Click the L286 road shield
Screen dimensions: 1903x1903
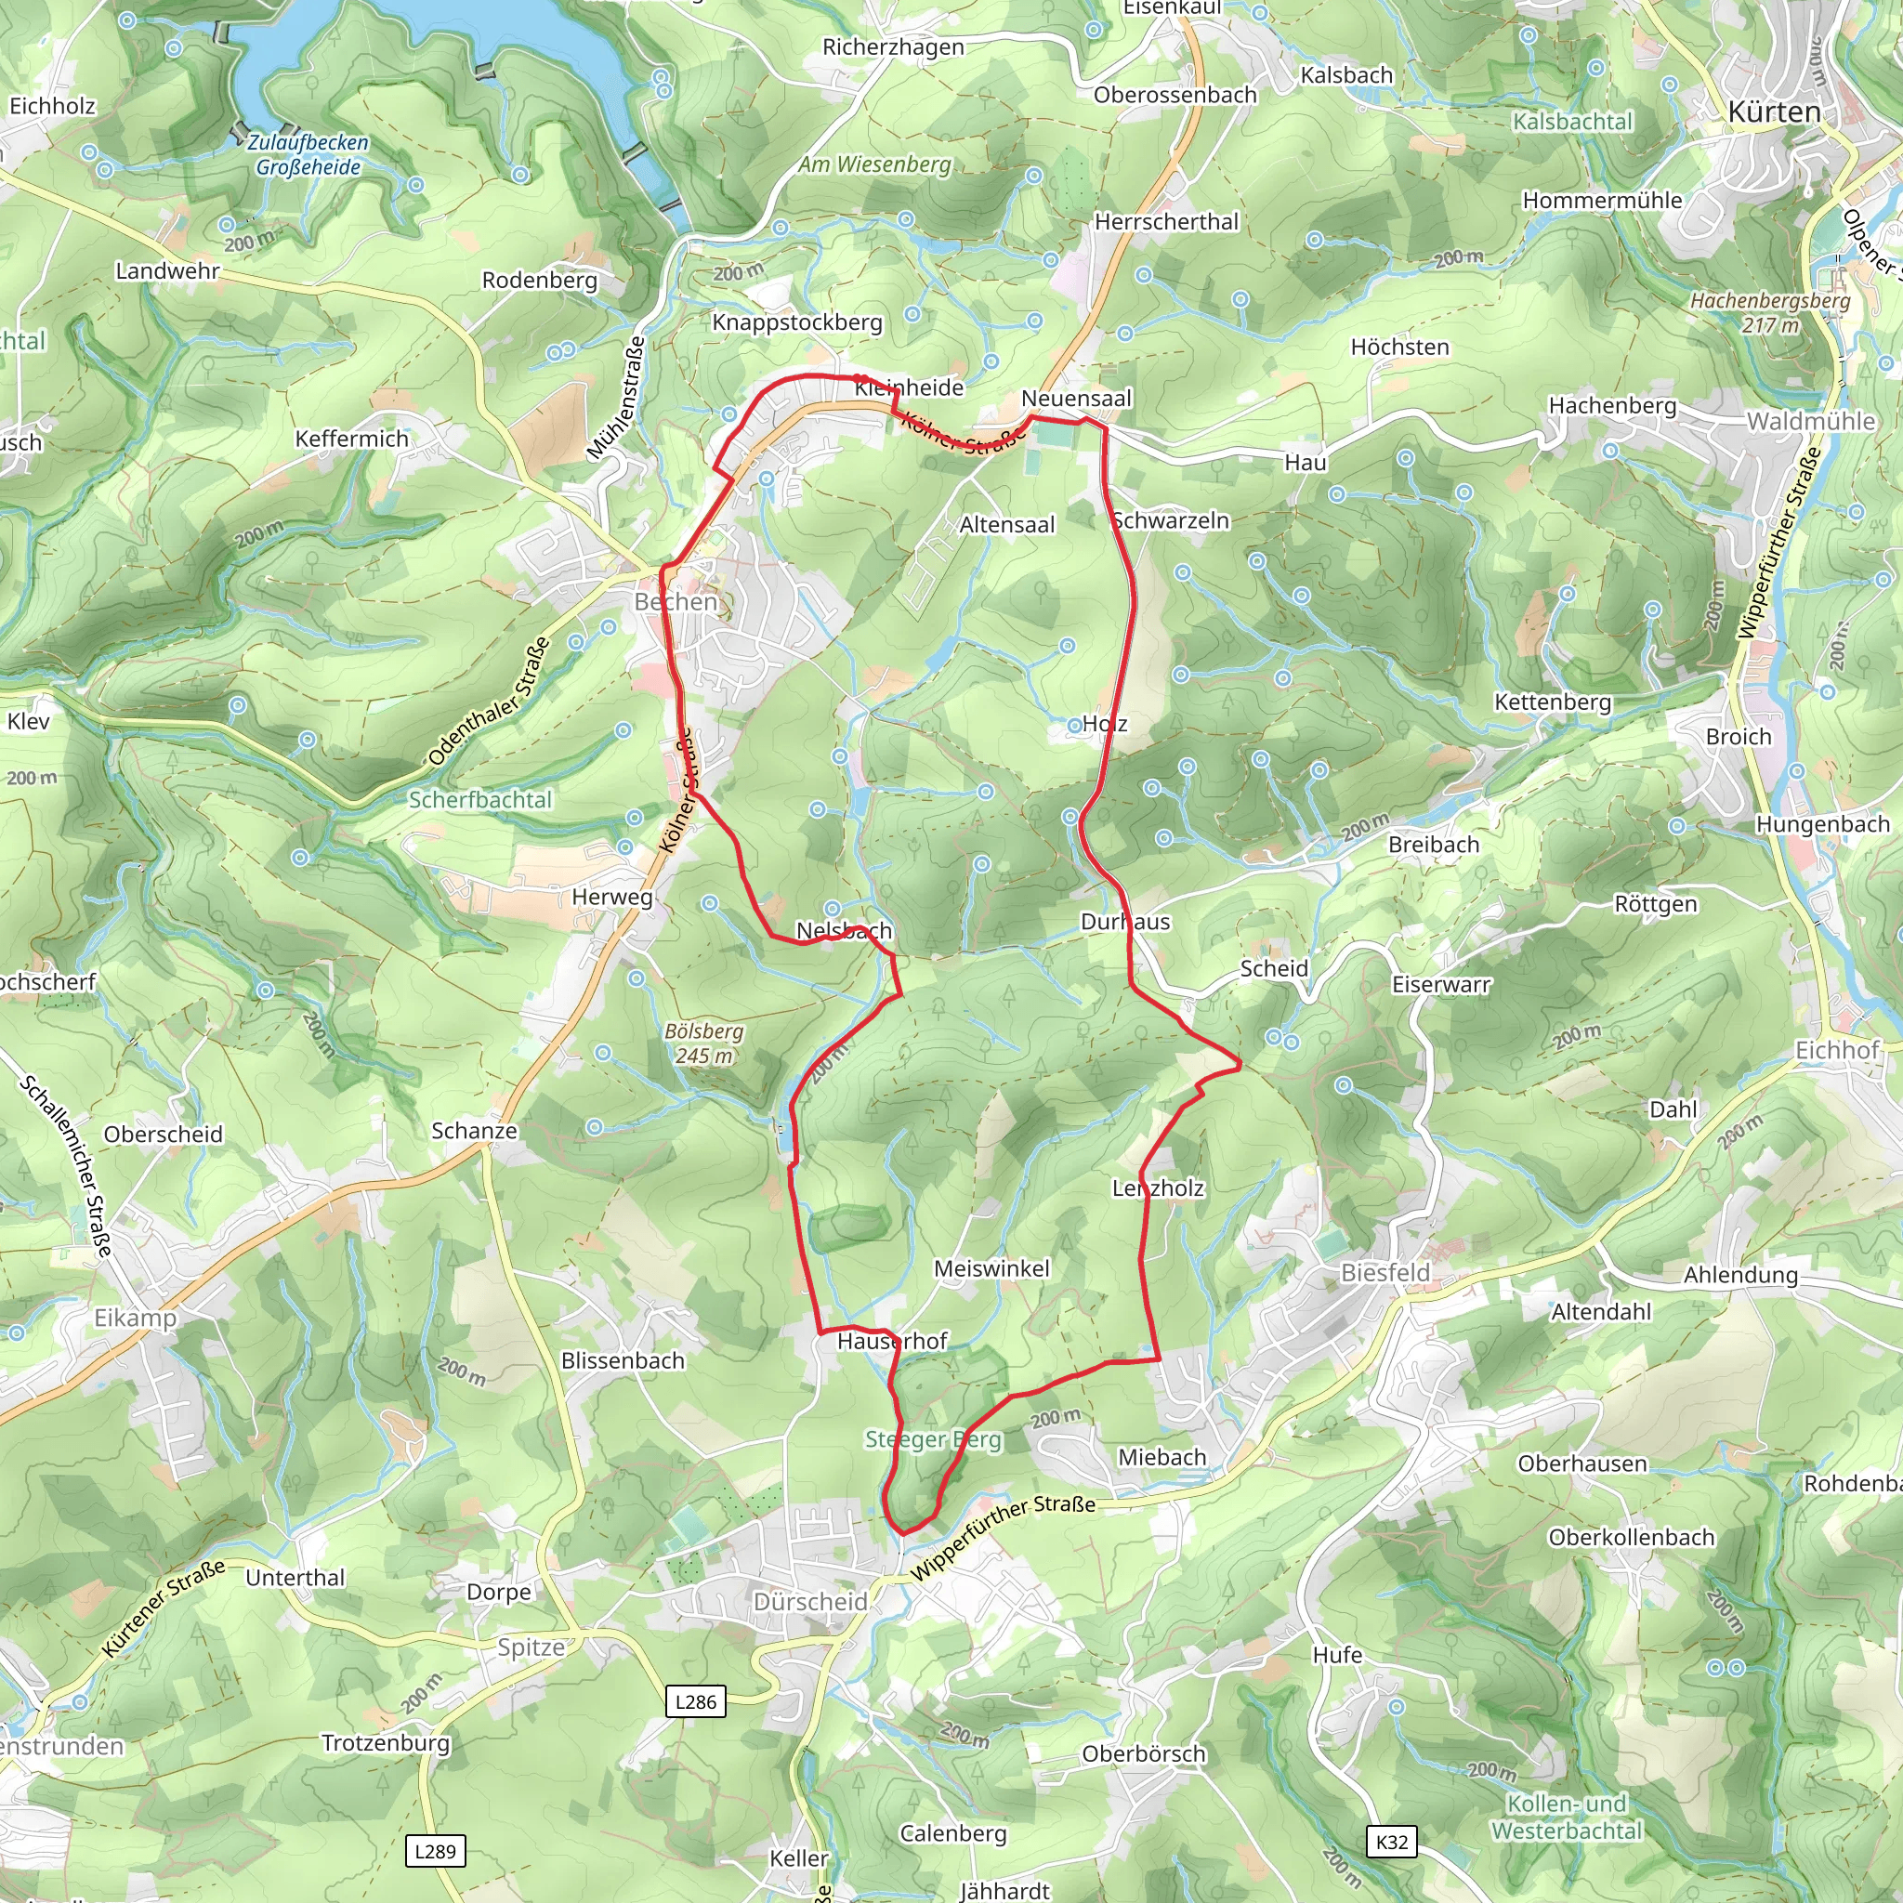coord(695,1701)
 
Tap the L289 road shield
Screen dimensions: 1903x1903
coord(436,1851)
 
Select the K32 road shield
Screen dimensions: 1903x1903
coord(1392,1841)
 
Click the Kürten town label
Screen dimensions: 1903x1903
coord(1774,112)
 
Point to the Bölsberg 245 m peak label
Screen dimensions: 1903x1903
coord(703,1043)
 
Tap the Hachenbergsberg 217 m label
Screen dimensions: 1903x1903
coord(1770,312)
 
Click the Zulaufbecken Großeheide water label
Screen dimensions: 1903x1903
coord(308,154)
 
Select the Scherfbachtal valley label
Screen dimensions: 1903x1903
coord(479,799)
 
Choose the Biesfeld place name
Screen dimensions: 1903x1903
coord(1385,1273)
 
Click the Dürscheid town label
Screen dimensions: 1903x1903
coord(809,1602)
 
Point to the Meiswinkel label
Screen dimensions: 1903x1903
coord(991,1268)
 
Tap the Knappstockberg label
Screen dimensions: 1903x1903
coord(797,322)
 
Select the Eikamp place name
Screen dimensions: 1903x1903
coord(135,1318)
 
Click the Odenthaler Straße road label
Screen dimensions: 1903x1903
coord(490,702)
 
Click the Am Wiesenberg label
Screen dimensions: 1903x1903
coord(874,164)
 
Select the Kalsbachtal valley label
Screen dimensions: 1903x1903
coord(1572,122)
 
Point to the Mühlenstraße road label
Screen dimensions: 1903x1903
coord(617,398)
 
